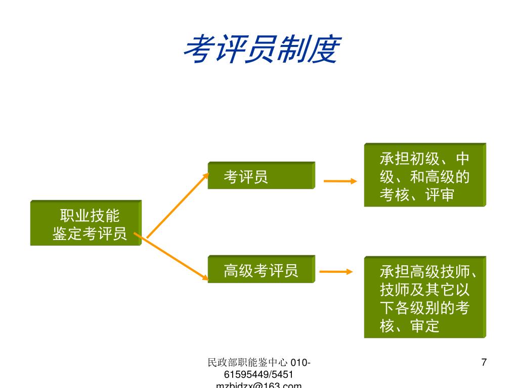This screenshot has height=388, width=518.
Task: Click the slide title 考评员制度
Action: pyautogui.click(x=261, y=50)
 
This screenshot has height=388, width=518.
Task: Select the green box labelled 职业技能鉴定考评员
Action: pyautogui.click(x=85, y=223)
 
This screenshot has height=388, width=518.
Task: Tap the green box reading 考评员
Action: pyautogui.click(x=261, y=176)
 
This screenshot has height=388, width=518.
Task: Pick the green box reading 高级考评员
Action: pyautogui.click(x=261, y=270)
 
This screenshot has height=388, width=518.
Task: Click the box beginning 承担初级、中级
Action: pyautogui.click(x=424, y=175)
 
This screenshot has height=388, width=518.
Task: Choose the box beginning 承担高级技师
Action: pyautogui.click(x=424, y=298)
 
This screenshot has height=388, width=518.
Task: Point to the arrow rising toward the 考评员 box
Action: pyautogui.click(x=178, y=205)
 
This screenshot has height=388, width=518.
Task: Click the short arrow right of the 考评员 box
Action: pyautogui.click(x=340, y=181)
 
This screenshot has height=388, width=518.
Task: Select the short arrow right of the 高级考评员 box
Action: pyautogui.click(x=336, y=272)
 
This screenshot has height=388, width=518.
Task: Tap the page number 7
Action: pyautogui.click(x=484, y=362)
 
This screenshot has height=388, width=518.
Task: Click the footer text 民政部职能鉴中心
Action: pyautogui.click(x=248, y=362)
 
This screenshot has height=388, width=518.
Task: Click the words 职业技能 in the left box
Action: pyautogui.click(x=90, y=216)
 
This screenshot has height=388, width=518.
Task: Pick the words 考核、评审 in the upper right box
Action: pyautogui.click(x=417, y=195)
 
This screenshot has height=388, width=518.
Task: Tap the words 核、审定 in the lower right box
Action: pyautogui.click(x=410, y=326)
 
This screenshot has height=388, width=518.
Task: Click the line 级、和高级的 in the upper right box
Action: pyautogui.click(x=424, y=177)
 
